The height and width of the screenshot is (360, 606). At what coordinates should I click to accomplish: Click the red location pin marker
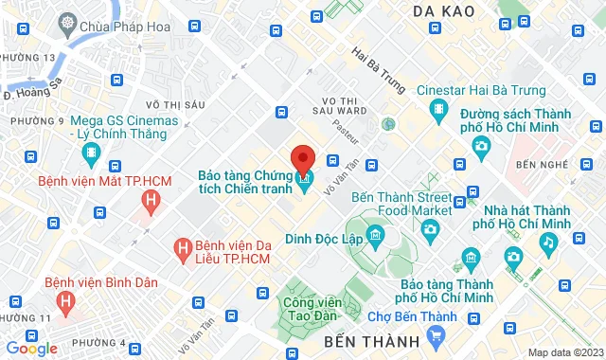[x=303, y=158]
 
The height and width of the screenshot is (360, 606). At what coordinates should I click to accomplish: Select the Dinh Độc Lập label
[x=327, y=239]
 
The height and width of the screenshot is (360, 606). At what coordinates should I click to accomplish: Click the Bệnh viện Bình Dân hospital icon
[x=65, y=302]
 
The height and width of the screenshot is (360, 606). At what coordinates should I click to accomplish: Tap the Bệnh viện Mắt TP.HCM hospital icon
[x=149, y=200]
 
